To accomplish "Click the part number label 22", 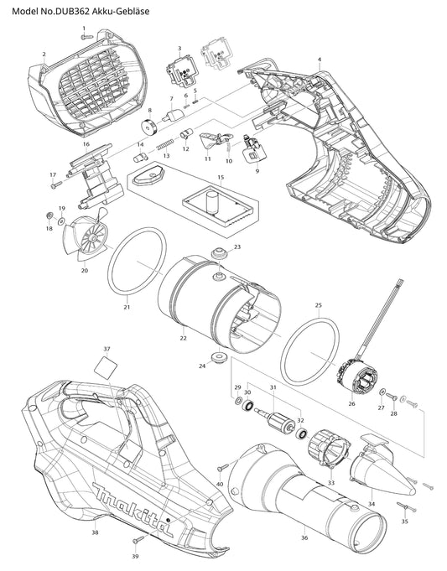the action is coord(183,338).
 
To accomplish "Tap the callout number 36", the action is coord(304,537).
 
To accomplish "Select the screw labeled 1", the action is coord(87,36).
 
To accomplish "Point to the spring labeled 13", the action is coord(164,144).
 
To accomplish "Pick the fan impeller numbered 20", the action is coord(86,235).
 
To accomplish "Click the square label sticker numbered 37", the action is coord(106,366).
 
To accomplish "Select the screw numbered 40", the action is coord(222,468).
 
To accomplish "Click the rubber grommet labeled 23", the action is coord(220,252).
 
